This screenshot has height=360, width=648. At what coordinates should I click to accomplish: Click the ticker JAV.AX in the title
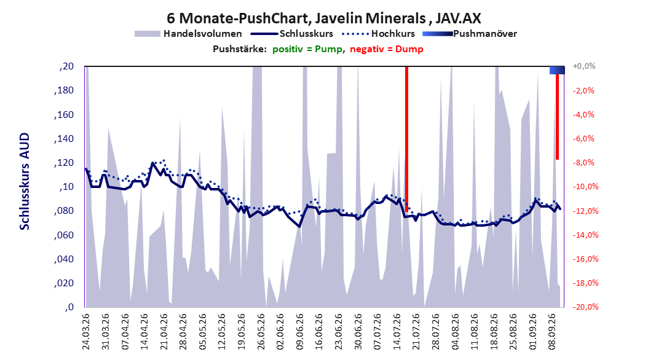[458, 18]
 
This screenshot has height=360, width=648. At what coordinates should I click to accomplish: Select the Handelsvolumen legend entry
[188, 34]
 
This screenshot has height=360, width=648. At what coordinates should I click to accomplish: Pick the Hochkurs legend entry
[378, 34]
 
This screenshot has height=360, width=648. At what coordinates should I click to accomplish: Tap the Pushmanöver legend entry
[470, 34]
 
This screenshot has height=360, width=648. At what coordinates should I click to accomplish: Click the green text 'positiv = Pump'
[307, 49]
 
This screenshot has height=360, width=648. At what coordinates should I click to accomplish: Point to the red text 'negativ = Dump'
[387, 49]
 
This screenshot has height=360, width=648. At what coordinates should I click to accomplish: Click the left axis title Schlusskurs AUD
[25, 181]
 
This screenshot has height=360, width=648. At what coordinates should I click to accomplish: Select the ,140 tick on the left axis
[64, 139]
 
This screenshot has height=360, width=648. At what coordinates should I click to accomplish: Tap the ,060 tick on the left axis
[64, 235]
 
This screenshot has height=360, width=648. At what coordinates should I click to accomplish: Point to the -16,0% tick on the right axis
[585, 259]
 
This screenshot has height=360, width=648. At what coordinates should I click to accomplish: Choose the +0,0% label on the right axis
[584, 66]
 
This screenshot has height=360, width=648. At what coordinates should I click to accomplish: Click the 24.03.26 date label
[86, 332]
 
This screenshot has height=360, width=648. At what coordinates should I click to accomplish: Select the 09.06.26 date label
[299, 332]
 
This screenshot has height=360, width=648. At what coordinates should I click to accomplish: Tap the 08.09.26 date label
[552, 332]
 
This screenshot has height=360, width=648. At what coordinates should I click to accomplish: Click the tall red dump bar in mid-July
[406, 139]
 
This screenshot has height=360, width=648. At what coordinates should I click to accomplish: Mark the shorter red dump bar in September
[557, 117]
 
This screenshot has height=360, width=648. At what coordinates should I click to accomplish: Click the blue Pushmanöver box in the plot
[557, 70]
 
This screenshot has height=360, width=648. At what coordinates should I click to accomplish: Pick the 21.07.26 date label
[416, 332]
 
